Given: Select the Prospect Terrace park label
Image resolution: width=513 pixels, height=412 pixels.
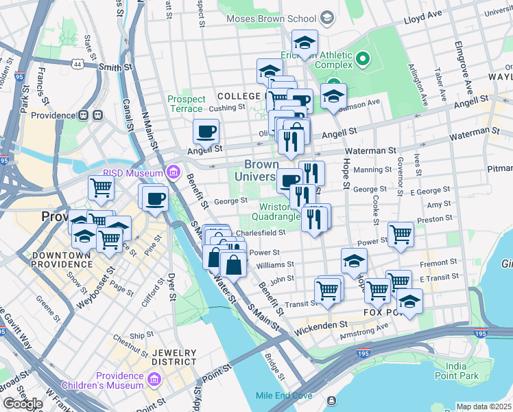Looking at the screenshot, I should point(187,104).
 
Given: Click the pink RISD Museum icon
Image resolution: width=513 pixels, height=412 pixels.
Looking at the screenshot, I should point(174,172).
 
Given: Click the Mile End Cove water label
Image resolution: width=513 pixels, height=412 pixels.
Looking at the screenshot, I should point(284,396).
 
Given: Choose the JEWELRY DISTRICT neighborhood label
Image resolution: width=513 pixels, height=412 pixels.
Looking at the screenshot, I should point(174,357).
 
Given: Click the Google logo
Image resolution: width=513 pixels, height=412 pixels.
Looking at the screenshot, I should point(22,404).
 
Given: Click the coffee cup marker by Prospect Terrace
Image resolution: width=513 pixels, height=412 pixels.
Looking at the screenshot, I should point(205,130).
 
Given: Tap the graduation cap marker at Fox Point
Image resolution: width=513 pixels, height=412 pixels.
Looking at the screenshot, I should point(409,301).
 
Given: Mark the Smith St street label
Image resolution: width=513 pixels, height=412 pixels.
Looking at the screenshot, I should point(115,67).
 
